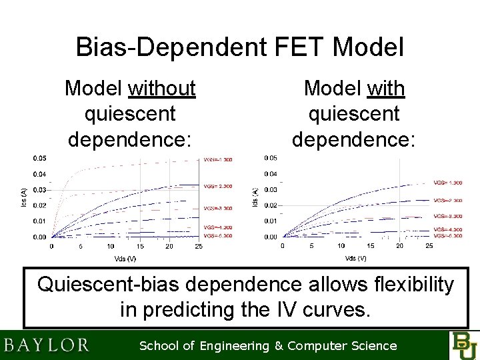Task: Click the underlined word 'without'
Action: click(x=165, y=88)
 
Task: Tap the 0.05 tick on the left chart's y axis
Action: click(x=40, y=158)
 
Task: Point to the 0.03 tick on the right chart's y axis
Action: click(x=270, y=190)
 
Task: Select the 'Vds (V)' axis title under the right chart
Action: click(x=355, y=258)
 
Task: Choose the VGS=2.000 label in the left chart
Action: click(x=217, y=186)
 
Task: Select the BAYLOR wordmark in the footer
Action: click(x=47, y=345)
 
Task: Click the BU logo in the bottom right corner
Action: click(x=464, y=345)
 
